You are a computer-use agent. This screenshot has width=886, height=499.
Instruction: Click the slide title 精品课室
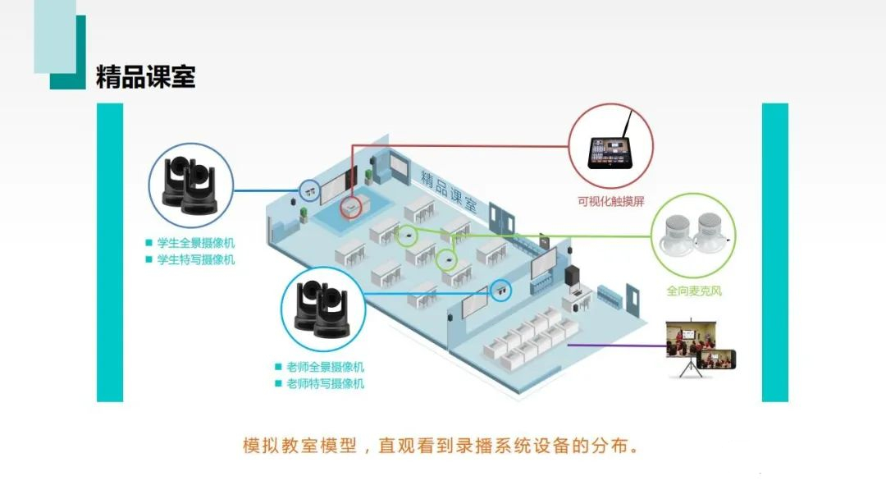pos(146,77)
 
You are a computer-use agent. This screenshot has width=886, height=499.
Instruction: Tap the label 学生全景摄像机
pos(195,243)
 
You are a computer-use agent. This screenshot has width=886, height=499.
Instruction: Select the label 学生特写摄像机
pos(195,260)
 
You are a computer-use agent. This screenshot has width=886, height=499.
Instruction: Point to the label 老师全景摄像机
pos(325,367)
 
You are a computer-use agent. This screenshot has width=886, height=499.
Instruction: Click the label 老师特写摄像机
pos(325,384)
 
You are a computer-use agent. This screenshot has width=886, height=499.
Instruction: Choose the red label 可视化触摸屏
pos(611,201)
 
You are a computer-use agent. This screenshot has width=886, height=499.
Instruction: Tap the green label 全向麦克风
pos(694,291)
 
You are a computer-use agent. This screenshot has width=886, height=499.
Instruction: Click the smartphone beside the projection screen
pos(716,359)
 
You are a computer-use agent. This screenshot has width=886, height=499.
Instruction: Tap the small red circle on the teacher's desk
pos(351,208)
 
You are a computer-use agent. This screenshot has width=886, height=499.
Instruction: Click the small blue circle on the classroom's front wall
pos(309,191)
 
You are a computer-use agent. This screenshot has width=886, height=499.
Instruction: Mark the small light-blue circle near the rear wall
pos(500,291)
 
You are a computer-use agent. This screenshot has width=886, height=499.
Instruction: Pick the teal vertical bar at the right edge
pos(774,253)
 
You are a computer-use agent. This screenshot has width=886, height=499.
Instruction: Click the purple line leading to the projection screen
pos(616,346)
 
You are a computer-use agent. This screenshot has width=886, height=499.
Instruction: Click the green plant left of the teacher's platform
pos(304,214)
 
